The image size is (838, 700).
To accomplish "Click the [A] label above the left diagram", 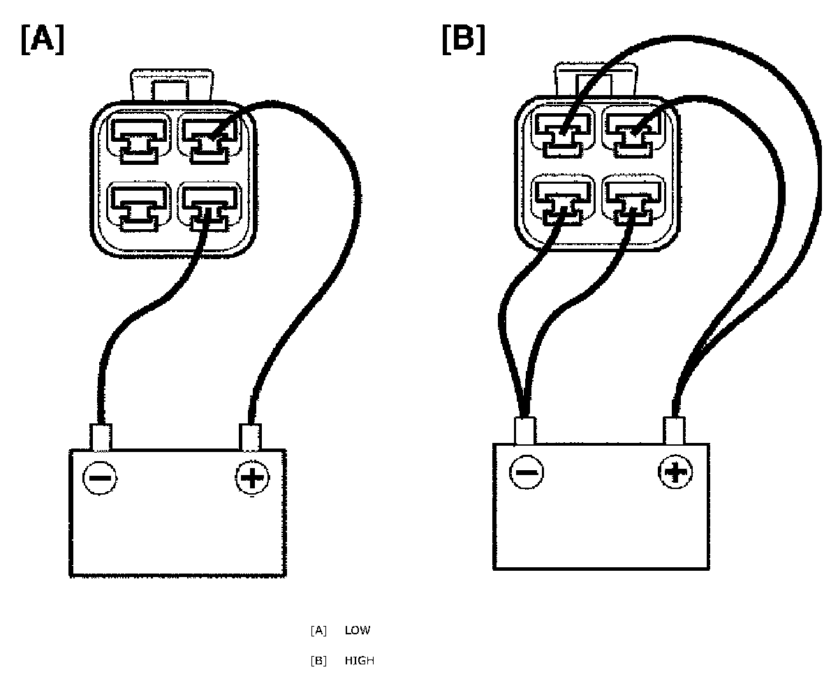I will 43,41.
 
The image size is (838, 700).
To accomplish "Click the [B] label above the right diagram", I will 463,39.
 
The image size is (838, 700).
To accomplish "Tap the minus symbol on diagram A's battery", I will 101,479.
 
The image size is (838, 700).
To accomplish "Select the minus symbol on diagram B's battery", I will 527,472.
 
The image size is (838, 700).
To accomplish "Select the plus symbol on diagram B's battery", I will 675,472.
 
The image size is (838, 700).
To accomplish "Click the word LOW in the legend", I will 358,631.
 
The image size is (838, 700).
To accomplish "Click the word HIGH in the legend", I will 359,661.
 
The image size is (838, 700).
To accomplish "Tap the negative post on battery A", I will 101,437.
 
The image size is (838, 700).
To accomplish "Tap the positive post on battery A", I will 251,437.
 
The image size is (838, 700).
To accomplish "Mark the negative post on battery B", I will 525,430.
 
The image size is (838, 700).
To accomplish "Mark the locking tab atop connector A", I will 171,84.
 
